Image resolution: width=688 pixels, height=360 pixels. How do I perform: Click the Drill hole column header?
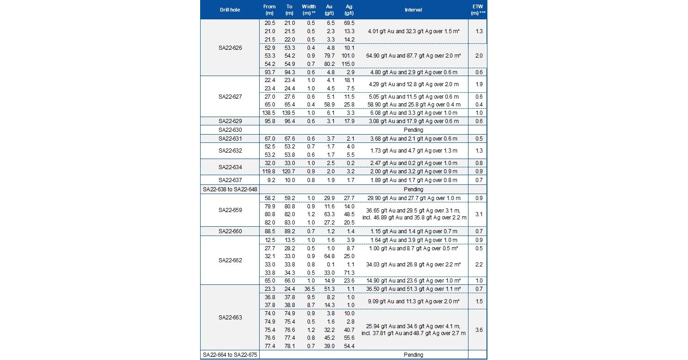point(230,9)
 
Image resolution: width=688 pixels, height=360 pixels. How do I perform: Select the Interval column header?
point(413,9)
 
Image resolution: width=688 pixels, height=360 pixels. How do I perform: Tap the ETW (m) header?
point(478,9)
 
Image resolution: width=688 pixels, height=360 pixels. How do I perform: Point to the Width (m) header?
point(308,9)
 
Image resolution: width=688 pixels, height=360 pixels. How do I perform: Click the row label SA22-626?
point(230,47)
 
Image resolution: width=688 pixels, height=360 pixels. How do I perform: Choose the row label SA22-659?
point(230,210)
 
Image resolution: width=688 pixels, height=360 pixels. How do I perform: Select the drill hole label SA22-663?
point(230,318)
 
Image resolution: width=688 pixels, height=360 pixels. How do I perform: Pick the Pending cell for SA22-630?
point(413,130)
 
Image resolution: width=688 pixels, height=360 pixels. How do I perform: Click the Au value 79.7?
point(328,55)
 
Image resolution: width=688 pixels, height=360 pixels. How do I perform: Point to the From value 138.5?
point(270,112)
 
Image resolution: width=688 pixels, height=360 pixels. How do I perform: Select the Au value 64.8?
point(328,256)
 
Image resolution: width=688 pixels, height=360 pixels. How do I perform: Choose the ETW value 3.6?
point(478,330)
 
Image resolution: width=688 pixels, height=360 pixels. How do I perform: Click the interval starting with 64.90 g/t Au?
point(413,55)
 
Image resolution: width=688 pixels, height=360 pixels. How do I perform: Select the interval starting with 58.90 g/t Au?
point(413,105)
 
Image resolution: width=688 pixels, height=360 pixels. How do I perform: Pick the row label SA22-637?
point(230,180)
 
